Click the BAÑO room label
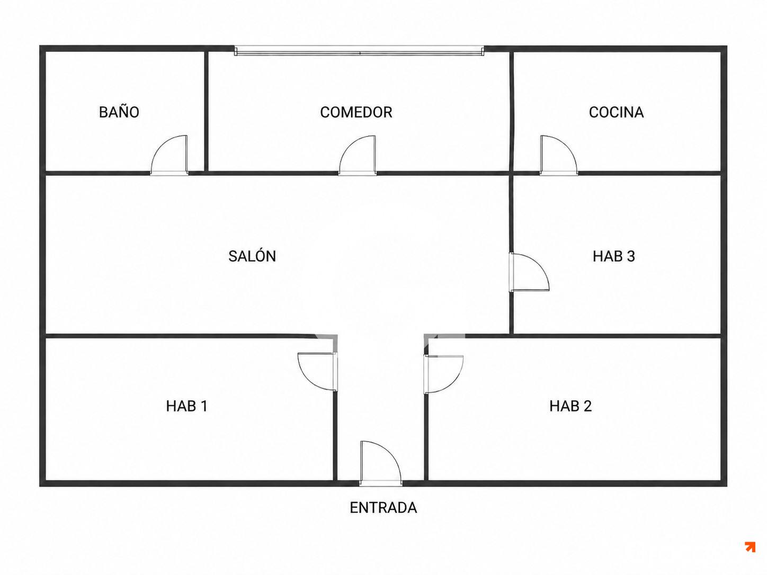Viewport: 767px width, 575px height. pos(119,112)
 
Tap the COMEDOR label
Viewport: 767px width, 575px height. pos(356,112)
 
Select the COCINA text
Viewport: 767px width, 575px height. pos(616,112)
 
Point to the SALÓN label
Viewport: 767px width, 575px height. pos(252,256)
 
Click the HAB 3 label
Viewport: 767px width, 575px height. pos(613,256)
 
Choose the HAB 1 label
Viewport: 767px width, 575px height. pos(186,406)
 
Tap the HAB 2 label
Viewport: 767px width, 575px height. pos(570,406)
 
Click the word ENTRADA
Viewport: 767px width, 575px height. pos(384,508)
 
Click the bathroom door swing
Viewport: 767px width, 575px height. pos(170,155)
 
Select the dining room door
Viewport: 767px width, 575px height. pos(358,155)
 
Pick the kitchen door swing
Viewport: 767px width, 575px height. pos(558,155)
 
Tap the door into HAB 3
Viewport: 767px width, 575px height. pos(529,272)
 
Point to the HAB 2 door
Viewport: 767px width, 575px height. pos(443,374)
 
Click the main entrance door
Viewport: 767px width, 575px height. pos(381,463)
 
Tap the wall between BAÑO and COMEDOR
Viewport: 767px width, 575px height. pos(206,111)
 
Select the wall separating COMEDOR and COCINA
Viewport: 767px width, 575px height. pos(512,111)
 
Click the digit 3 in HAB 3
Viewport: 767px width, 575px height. pos(631,256)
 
